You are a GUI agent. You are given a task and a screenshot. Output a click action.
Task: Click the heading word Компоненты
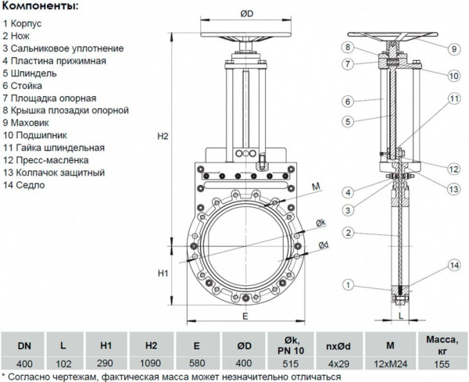[40, 7]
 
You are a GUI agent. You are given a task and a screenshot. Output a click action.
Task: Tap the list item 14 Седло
[24, 185]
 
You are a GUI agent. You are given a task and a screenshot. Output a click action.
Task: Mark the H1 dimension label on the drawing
[163, 273]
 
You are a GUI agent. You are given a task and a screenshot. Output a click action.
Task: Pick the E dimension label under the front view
[245, 316]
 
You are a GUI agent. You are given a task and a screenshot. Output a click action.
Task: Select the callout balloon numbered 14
[454, 267]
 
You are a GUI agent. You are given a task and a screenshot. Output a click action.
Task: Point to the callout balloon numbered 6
[348, 102]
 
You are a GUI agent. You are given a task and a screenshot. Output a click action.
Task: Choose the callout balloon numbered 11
[453, 98]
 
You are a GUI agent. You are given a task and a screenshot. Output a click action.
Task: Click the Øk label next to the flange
[320, 223]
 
